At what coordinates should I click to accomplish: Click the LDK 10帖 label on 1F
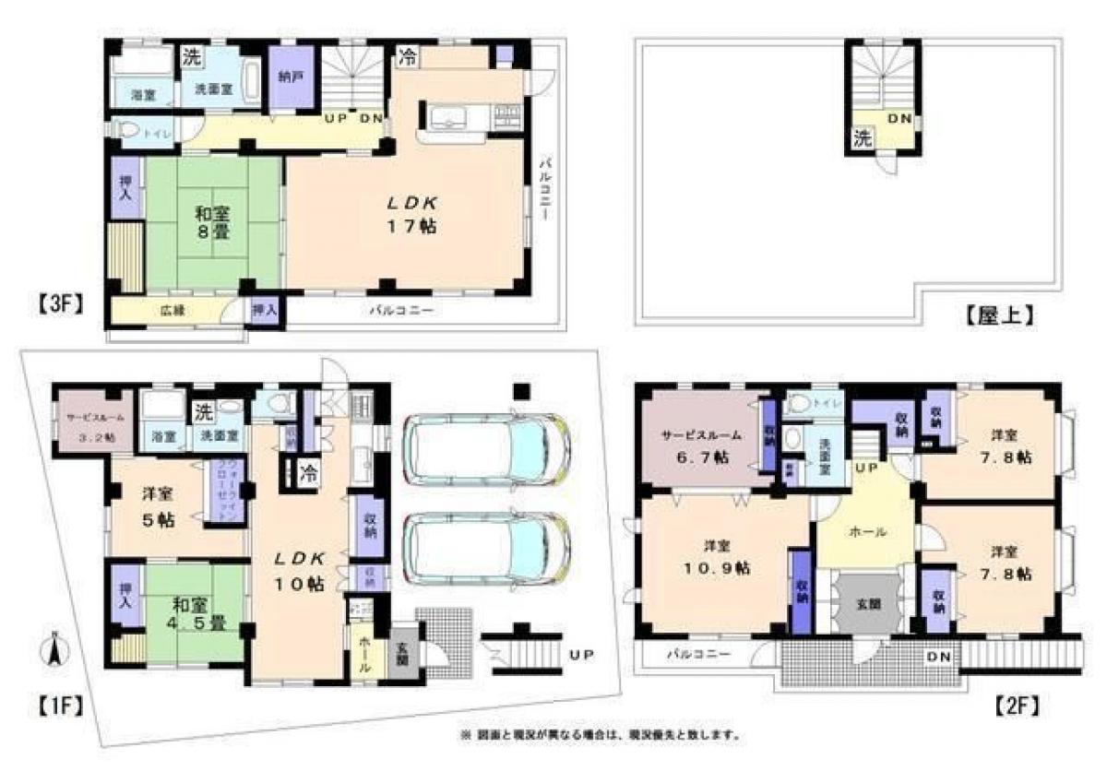pos(299,571)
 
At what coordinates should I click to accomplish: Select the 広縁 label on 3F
pos(173,311)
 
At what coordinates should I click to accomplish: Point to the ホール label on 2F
pos(866,531)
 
